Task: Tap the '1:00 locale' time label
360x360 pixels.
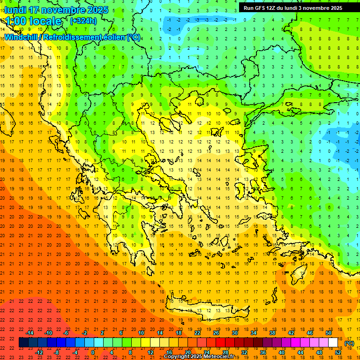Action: tap(33, 21)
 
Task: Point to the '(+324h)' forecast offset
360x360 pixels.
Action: tap(83, 21)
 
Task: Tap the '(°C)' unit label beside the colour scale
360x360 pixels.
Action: tap(349, 343)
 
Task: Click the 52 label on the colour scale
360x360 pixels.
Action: tap(338, 352)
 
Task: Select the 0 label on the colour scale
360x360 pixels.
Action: tap(93, 352)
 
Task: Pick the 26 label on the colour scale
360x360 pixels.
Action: tap(216, 333)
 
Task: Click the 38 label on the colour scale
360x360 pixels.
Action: tap(272, 333)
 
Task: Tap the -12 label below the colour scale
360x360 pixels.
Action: tap(39, 352)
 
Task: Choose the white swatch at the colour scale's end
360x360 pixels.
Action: tap(333, 343)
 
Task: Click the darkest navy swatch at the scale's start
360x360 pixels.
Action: tap(23, 343)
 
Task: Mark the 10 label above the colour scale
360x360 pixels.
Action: tap(141, 333)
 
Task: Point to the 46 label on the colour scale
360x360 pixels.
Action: tap(309, 333)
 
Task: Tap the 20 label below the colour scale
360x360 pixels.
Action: tap(187, 352)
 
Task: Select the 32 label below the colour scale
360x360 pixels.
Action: tap(244, 352)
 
